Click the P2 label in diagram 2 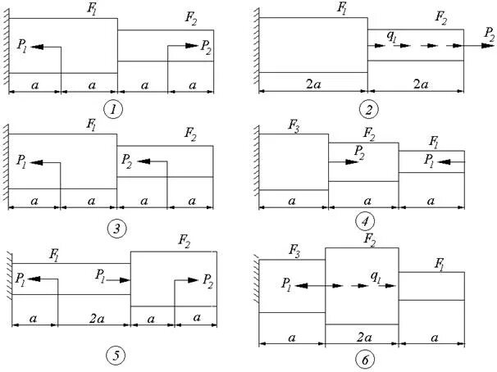[489, 34]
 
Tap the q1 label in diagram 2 [392, 34]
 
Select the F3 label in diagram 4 [293, 127]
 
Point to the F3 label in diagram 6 [290, 247]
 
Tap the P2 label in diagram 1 [205, 47]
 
